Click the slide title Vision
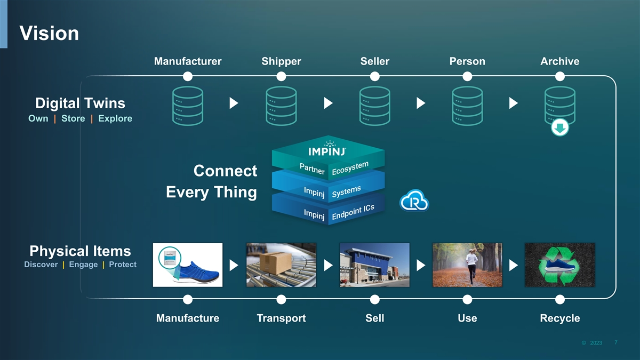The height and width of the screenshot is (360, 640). (49, 33)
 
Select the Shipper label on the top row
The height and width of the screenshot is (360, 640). (281, 61)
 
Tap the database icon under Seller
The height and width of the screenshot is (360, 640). (374, 106)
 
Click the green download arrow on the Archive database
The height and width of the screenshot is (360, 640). (559, 127)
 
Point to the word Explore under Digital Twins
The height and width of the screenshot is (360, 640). (115, 118)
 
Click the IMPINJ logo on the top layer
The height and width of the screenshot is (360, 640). (327, 149)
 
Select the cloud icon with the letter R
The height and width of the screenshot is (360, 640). (414, 201)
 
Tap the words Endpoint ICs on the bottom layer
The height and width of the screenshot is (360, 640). (353, 212)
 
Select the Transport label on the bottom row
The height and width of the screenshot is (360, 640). (281, 318)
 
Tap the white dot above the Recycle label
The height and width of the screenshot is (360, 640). (559, 299)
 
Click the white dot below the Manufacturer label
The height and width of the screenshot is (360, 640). (188, 76)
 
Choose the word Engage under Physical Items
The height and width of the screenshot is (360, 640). (83, 265)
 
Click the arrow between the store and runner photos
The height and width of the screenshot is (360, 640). (421, 266)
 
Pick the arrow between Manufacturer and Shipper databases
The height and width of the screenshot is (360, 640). (234, 103)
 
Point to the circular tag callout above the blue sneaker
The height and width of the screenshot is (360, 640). (170, 258)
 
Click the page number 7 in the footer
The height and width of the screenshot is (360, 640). (616, 342)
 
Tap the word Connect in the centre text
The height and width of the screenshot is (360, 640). (225, 171)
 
